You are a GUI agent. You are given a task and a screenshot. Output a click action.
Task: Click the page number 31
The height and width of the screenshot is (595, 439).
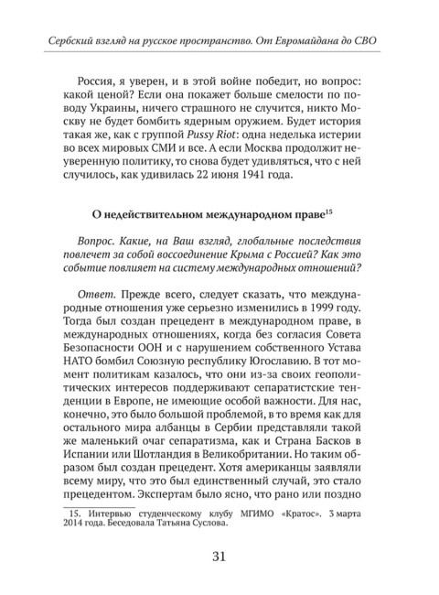click(x=219, y=557)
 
